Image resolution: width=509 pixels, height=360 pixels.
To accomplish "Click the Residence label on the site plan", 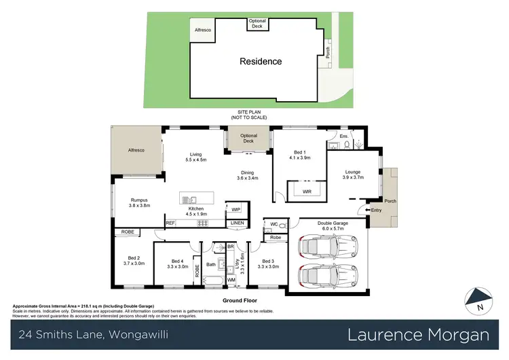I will pyautogui.click(x=261, y=61).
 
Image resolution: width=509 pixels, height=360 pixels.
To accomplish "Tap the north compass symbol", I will pyautogui.click(x=478, y=300).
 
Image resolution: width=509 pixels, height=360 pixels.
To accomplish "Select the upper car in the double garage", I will pyautogui.click(x=320, y=249).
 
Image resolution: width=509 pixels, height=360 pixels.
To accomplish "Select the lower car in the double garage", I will pyautogui.click(x=320, y=277).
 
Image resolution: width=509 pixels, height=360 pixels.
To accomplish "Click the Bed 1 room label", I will pyautogui.click(x=301, y=155).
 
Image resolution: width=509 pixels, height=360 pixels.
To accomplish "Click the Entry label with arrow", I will pyautogui.click(x=375, y=211).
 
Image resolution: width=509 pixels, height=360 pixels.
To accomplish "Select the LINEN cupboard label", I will pyautogui.click(x=236, y=223).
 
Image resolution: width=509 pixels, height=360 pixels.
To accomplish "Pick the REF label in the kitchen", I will pyautogui.click(x=170, y=223).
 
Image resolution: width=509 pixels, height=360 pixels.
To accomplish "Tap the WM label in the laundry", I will pyautogui.click(x=231, y=280).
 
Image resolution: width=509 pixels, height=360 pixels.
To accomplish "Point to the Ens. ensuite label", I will pyautogui.click(x=343, y=136).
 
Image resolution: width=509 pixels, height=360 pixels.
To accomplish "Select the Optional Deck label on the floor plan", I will pyautogui.click(x=248, y=139).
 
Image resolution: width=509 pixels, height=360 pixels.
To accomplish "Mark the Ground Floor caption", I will pyautogui.click(x=242, y=300).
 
